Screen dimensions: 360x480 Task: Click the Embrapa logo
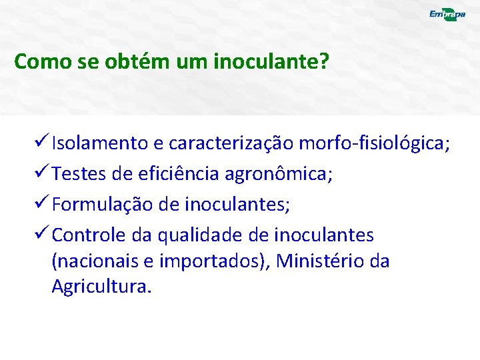point(446,15)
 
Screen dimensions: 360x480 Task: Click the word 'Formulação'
point(103,205)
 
